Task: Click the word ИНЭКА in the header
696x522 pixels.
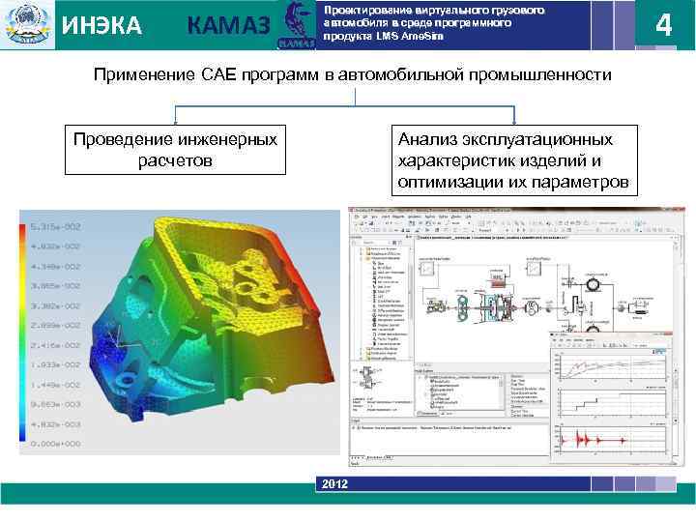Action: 101,26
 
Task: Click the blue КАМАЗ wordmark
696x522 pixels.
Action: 227,26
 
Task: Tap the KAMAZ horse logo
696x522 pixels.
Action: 295,25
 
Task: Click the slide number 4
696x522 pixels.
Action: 663,25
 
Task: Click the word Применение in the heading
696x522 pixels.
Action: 139,75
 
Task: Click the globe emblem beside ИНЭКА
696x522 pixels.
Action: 26,26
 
